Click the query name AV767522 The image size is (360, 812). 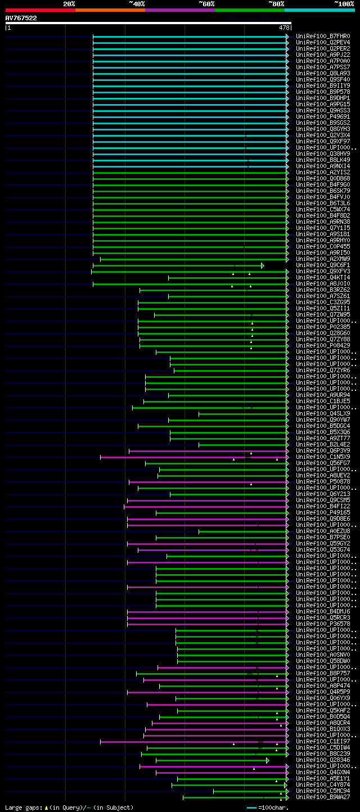click(x=21, y=18)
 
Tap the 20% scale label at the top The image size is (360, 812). click(x=69, y=3)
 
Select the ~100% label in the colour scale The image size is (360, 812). click(x=344, y=3)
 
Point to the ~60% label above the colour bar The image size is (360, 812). click(x=206, y=3)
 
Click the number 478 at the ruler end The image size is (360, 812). click(x=283, y=27)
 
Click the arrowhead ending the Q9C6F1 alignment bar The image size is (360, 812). click(x=262, y=265)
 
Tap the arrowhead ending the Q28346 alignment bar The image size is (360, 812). click(x=268, y=760)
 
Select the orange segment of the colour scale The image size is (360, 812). click(x=110, y=10)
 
